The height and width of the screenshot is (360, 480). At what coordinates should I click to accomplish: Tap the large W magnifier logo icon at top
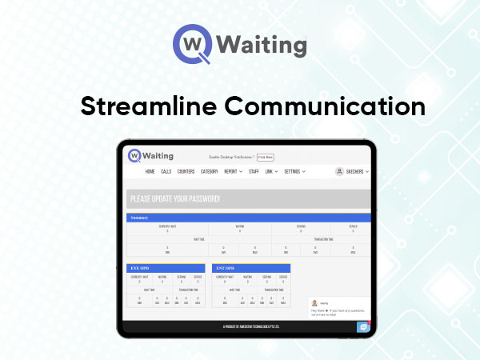[x=192, y=44]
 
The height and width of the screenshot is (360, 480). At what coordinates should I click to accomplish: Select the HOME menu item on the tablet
[x=150, y=171]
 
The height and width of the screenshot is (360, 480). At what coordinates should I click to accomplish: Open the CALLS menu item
[x=166, y=171]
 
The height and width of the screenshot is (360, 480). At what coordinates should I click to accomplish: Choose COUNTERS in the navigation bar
[x=186, y=171]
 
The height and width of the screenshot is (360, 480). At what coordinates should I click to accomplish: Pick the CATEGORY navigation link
[x=210, y=171]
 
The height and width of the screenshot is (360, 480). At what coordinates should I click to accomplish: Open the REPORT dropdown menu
[x=233, y=171]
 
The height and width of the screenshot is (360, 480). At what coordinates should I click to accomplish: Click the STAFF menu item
[x=254, y=171]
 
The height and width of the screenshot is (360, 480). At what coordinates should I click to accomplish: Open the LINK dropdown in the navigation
[x=272, y=171]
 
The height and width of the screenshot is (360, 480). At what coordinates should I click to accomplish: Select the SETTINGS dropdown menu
[x=294, y=171]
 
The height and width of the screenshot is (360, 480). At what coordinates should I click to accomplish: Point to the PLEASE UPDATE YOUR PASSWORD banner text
[x=174, y=199]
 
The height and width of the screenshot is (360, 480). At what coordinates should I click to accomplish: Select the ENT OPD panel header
[x=225, y=268]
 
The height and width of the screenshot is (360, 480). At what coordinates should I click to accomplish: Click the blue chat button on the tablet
[x=362, y=327]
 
